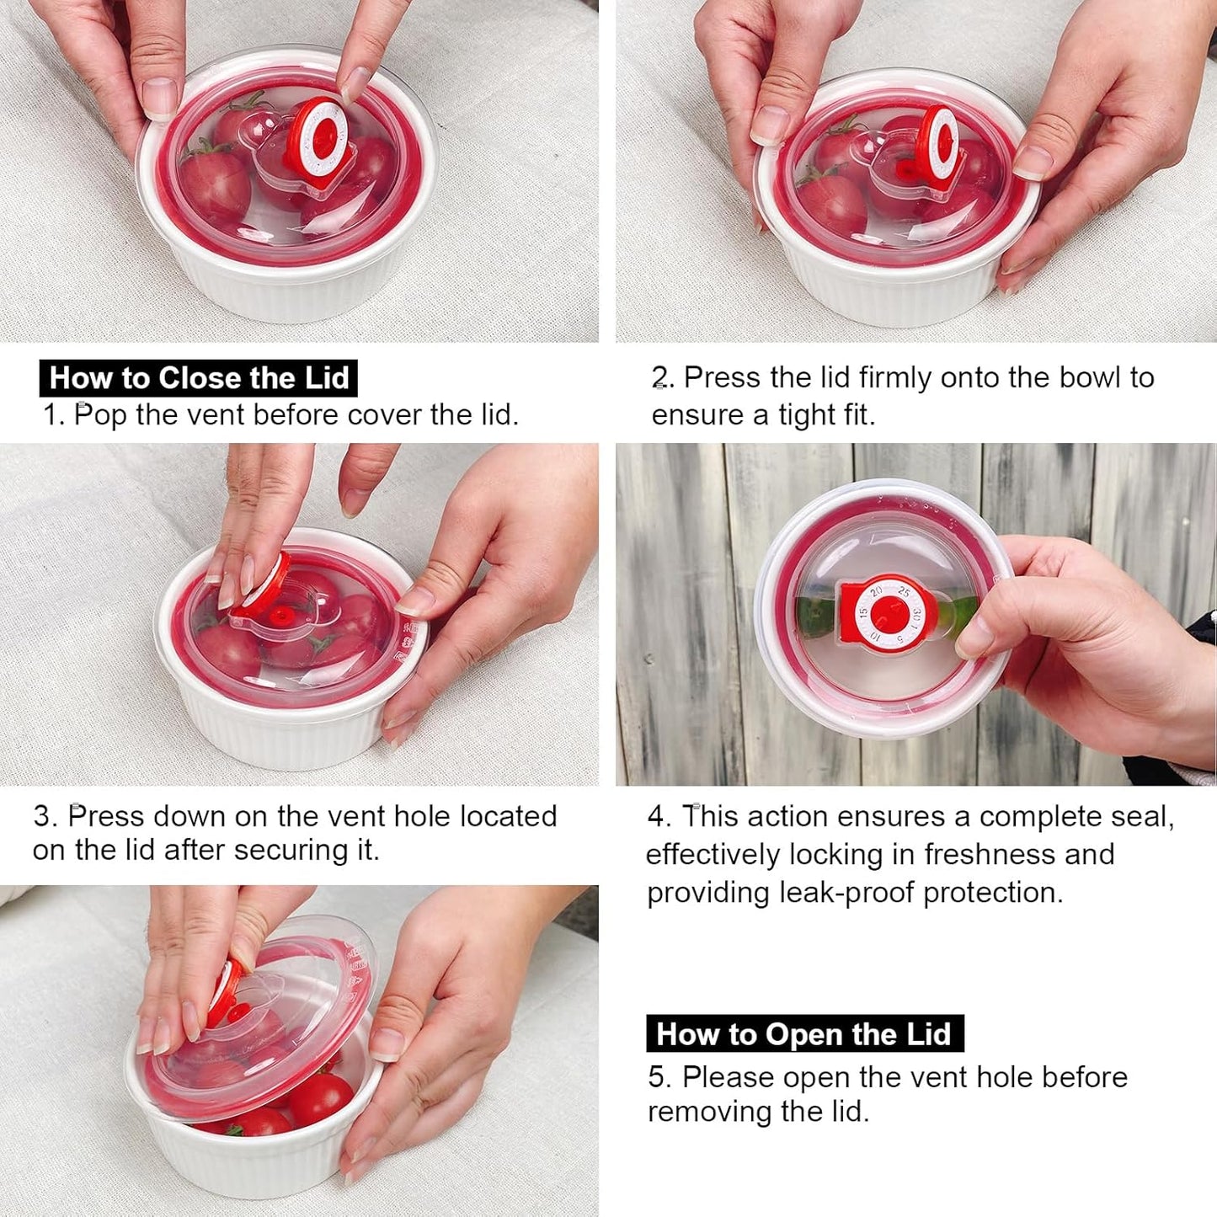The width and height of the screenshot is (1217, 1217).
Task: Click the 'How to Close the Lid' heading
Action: (198, 378)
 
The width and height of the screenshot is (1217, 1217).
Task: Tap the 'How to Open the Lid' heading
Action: (804, 1034)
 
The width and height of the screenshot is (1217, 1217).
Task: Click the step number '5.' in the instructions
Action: (660, 1077)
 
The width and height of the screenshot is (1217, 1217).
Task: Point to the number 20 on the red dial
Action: (876, 592)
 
